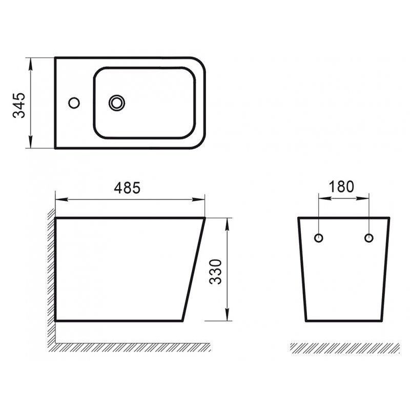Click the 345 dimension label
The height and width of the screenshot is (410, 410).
[x=19, y=106]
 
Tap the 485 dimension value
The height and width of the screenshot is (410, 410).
[x=127, y=188]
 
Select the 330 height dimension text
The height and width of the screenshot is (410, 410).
[x=216, y=272]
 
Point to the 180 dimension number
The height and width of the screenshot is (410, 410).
[x=341, y=187]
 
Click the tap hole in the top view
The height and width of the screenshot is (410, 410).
[x=74, y=103]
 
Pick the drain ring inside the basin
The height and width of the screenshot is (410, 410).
[x=117, y=103]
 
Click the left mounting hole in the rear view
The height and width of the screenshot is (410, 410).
[x=318, y=238]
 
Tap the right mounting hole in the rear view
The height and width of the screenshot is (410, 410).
[x=369, y=238]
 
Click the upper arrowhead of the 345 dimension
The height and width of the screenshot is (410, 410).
[x=31, y=64]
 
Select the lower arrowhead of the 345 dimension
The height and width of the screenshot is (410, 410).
[x=31, y=142]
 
